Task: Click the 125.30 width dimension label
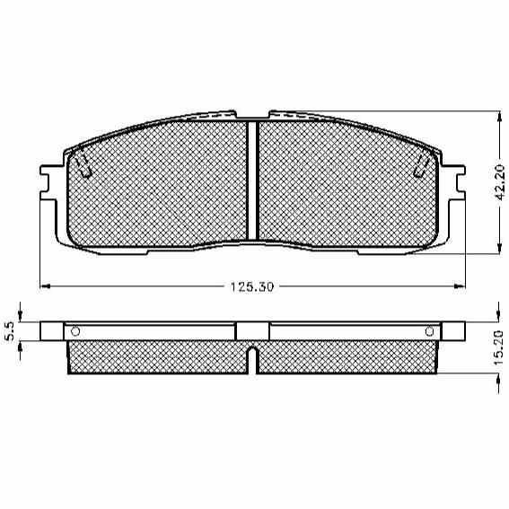click(x=252, y=286)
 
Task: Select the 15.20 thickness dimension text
click(x=498, y=347)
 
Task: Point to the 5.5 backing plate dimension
click(x=10, y=331)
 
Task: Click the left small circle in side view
click(x=75, y=332)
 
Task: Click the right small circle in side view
click(x=429, y=332)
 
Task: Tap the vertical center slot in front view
click(x=252, y=180)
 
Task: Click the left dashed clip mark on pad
click(x=83, y=165)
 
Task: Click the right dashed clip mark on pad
click(x=422, y=165)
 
